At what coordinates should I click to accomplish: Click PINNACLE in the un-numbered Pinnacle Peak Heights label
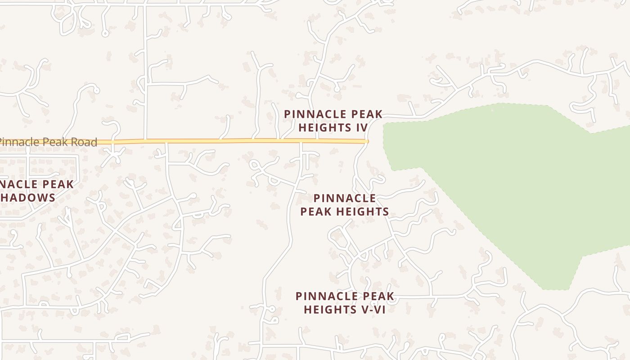point(345,198)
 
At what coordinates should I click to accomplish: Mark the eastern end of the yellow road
point(367,141)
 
